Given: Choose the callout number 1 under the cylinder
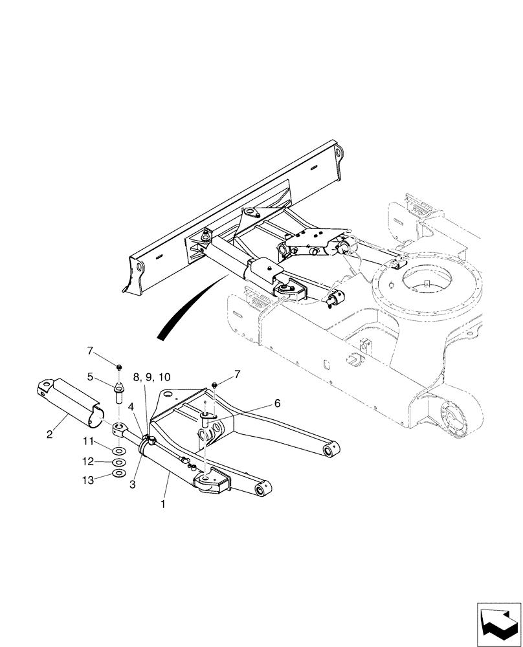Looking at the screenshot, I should [x=164, y=503].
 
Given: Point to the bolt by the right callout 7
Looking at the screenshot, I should [x=214, y=387].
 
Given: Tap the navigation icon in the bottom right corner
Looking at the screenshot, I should [x=500, y=624].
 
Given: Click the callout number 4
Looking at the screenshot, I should [x=131, y=407].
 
